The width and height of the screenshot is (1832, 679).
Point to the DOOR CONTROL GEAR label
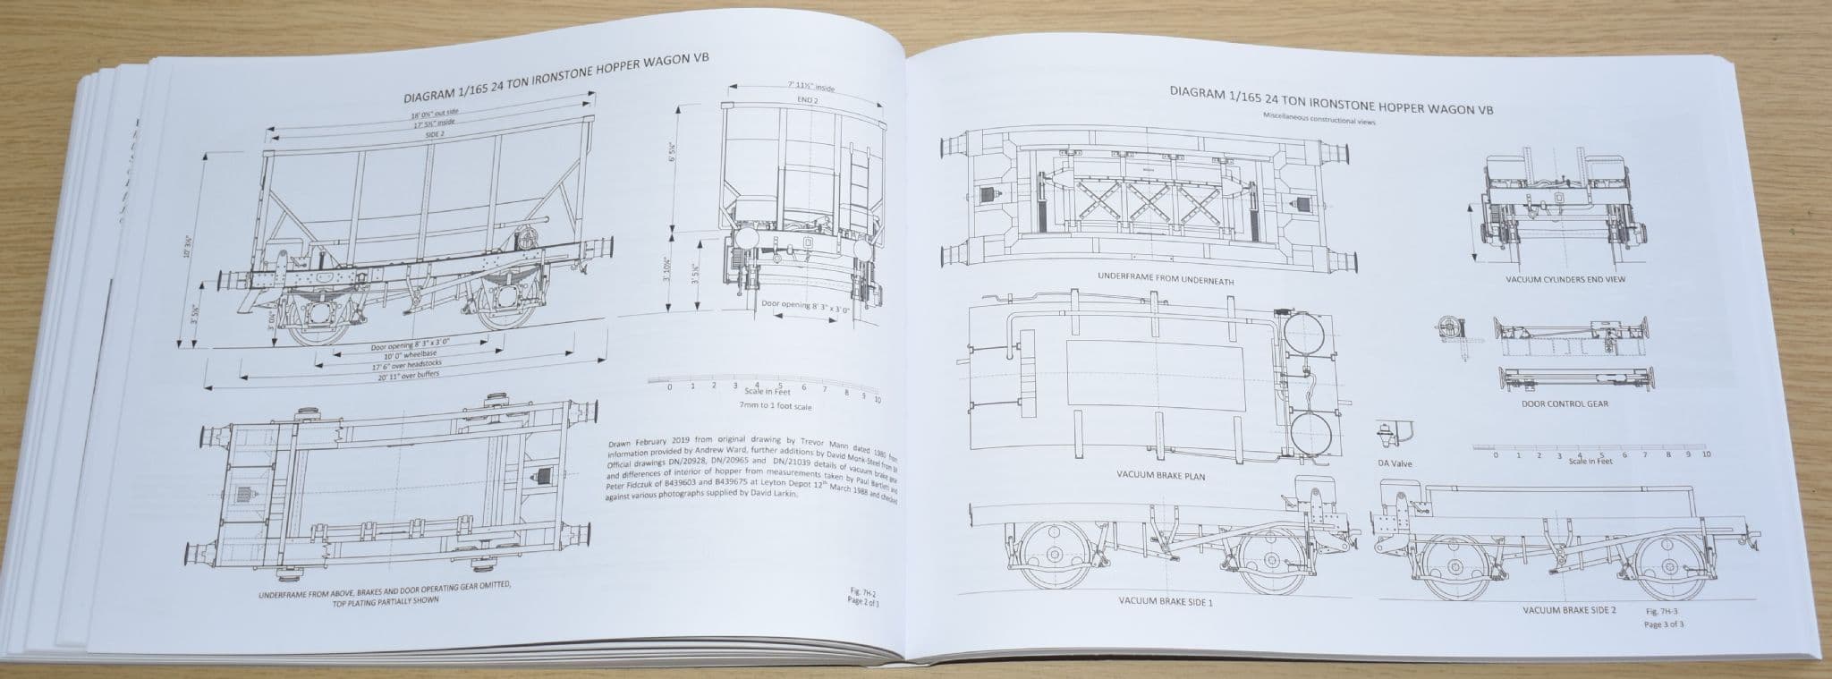[1565, 403]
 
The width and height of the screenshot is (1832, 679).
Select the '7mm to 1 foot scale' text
[776, 405]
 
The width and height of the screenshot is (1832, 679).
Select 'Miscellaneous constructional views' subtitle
[1319, 120]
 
